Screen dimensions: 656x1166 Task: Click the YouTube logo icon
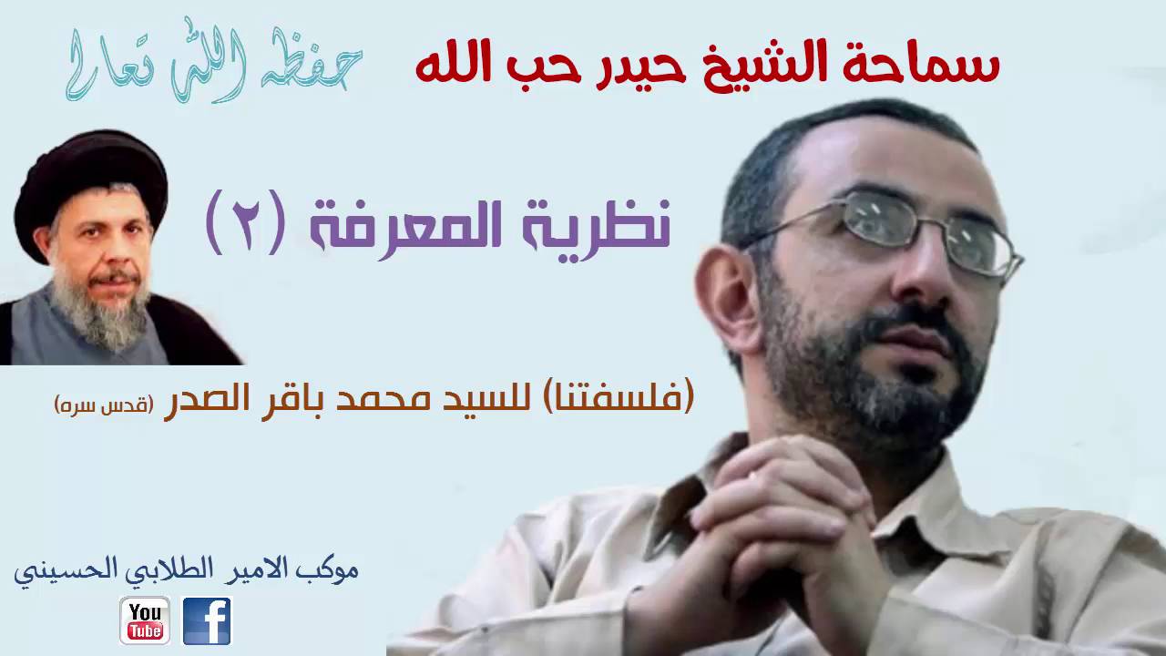click(144, 620)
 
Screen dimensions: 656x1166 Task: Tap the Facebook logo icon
click(207, 620)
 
